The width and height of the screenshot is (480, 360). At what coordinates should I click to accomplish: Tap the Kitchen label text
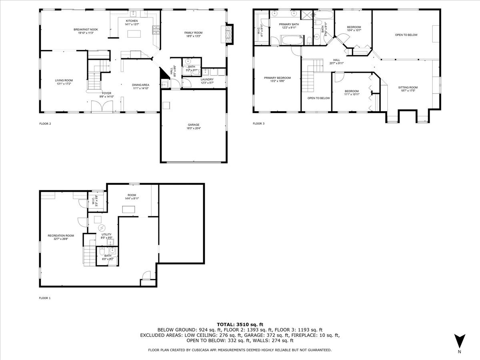tap(132, 21)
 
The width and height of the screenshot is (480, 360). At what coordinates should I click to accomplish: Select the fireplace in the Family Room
tap(229, 34)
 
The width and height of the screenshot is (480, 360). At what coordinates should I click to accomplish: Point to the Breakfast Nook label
tap(86, 30)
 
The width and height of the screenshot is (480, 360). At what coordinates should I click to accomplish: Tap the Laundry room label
tap(207, 79)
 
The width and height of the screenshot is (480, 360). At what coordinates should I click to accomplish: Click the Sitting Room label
tap(408, 87)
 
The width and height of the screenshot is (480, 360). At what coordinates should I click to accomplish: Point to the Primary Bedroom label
tap(277, 78)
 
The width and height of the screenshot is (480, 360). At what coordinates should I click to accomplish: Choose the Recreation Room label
tap(61, 236)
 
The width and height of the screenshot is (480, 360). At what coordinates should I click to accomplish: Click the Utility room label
tap(106, 234)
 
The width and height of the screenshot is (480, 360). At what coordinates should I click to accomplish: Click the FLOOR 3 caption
tap(258, 124)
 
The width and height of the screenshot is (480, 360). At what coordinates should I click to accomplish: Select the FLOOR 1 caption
tap(45, 298)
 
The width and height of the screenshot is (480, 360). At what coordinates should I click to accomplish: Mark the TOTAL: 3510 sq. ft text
tap(240, 324)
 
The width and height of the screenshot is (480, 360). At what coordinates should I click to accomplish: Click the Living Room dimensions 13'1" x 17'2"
tap(64, 84)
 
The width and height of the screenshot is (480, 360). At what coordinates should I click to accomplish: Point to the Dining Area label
tap(141, 85)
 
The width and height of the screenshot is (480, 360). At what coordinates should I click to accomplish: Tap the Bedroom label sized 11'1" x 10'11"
tap(352, 91)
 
